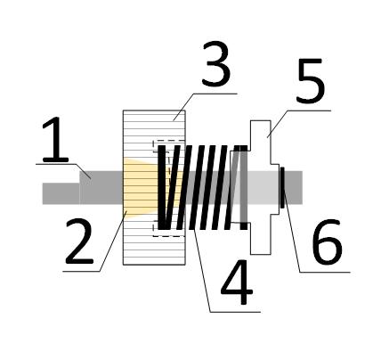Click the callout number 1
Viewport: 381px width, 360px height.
coord(55,139)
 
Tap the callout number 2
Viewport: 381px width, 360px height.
coord(79,241)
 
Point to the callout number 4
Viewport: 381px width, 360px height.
coord(237,282)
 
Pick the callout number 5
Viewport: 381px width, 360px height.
coord(311,80)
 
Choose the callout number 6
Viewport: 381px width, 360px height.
coord(328,241)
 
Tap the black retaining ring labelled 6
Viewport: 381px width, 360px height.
coord(282,187)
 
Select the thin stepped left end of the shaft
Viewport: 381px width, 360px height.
coord(61,193)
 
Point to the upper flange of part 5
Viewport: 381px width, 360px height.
coord(261,135)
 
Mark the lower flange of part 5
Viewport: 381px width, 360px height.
coord(261,239)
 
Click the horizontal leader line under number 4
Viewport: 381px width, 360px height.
coord(235,312)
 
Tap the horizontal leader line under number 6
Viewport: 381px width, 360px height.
coord(325,272)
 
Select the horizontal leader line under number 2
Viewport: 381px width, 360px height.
coord(82,271)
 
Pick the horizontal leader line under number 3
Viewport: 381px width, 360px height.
coord(215,94)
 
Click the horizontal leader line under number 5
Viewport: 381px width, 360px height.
coord(309,110)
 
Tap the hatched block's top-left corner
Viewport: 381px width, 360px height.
coord(123,110)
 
